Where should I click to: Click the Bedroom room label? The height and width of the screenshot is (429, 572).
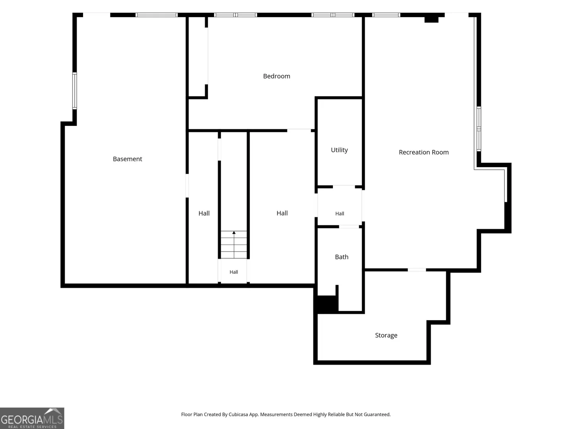[x=276, y=76]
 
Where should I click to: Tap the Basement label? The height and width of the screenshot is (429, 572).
[x=128, y=159]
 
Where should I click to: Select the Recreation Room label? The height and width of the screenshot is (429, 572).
[x=423, y=152]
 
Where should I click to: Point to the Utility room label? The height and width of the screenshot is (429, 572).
[x=339, y=150]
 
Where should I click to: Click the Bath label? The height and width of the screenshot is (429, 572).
[x=341, y=257]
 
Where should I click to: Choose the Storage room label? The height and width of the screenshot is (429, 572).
[x=386, y=335]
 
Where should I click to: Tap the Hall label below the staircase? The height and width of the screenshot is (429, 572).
[x=234, y=272]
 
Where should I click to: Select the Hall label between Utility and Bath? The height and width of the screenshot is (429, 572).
[x=339, y=214]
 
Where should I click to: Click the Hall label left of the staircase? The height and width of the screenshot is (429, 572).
[x=204, y=213]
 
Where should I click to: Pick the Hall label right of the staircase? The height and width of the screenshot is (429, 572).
[x=282, y=213]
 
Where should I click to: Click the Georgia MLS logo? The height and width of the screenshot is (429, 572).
[x=32, y=418]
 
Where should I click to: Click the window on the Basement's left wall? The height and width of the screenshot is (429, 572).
[x=75, y=91]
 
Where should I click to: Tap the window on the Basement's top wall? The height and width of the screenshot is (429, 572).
[x=157, y=15]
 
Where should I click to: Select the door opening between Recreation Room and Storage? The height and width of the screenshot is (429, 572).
[x=417, y=270]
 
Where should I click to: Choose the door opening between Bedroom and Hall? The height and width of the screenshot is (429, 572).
[x=299, y=131]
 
